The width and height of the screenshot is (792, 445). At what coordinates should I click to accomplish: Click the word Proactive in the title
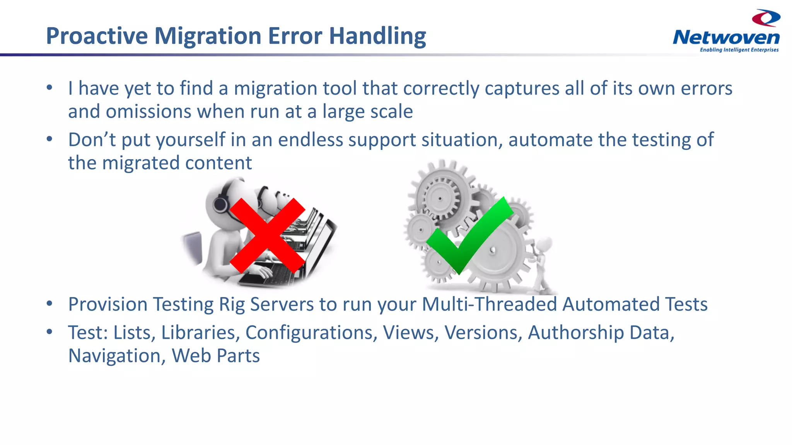click(x=97, y=36)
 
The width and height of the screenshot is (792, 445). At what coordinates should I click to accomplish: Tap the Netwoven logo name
click(x=726, y=38)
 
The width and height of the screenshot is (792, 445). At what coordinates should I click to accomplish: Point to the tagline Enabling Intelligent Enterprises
click(x=739, y=50)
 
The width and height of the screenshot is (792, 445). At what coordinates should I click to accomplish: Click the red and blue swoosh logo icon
click(x=766, y=18)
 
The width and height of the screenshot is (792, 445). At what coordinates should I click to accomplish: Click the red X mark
click(x=267, y=236)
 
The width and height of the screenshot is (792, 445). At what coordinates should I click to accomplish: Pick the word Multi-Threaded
click(x=489, y=304)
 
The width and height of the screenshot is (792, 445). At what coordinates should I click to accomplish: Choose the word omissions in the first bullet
click(x=148, y=112)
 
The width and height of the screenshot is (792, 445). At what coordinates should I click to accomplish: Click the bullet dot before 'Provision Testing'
click(x=49, y=304)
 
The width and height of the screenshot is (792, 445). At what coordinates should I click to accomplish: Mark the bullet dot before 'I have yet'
click(x=49, y=88)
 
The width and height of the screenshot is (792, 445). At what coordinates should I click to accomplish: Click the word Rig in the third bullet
click(x=232, y=304)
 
